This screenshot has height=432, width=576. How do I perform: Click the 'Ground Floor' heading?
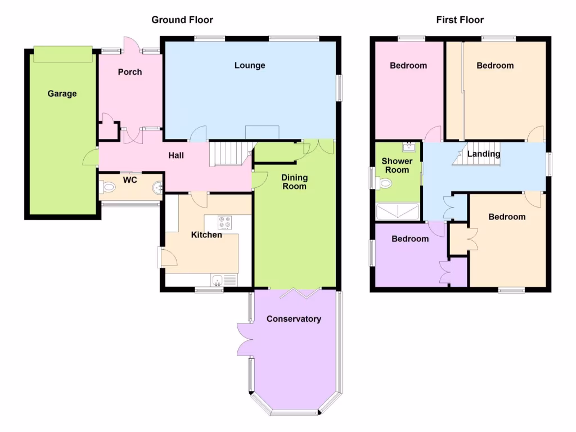click(182, 20)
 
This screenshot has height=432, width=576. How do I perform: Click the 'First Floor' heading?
click(460, 20)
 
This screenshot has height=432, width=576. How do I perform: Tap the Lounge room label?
click(250, 65)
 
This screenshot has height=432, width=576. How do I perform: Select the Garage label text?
click(62, 93)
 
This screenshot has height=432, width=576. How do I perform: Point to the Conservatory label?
click(294, 319)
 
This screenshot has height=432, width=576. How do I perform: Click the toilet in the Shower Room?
click(385, 183)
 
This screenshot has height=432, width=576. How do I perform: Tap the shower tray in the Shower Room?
click(398, 211)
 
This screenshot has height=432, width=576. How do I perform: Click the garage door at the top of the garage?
click(62, 55)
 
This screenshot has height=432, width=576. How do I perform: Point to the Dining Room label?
click(294, 182)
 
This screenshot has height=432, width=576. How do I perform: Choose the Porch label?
click(130, 72)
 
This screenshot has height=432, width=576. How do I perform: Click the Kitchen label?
click(206, 235)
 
